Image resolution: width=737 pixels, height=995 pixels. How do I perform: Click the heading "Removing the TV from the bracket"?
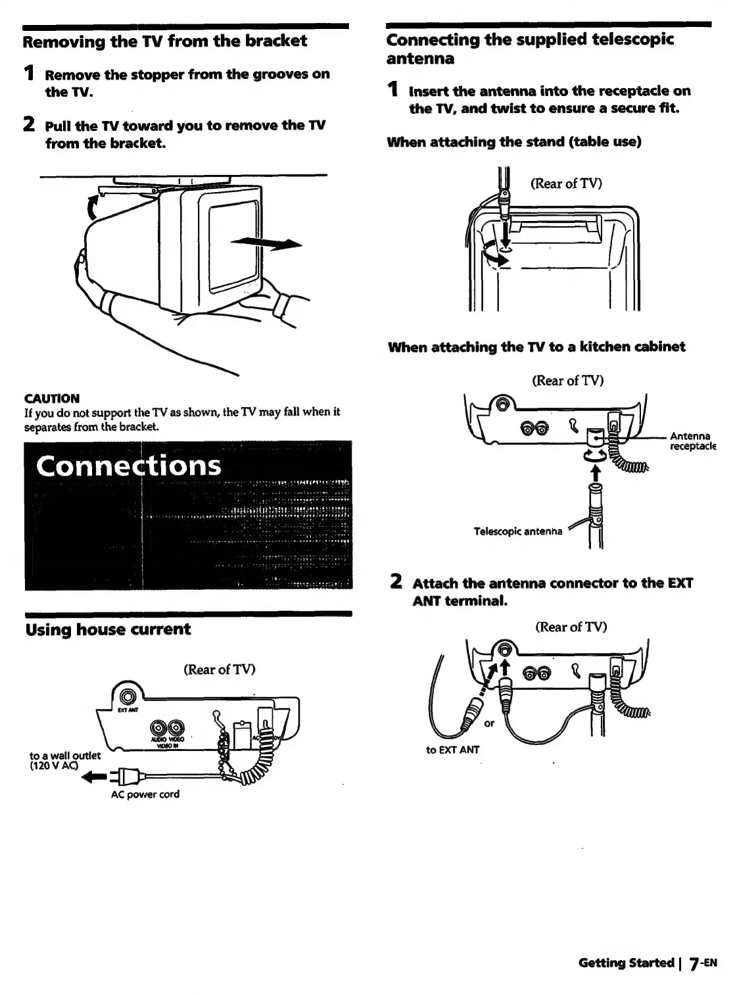(165, 41)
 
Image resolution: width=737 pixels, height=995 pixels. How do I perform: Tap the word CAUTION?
(51, 399)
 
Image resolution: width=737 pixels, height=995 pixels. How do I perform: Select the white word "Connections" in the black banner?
(129, 466)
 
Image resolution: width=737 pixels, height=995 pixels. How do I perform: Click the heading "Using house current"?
(108, 629)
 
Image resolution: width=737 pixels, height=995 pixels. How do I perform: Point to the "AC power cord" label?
(145, 794)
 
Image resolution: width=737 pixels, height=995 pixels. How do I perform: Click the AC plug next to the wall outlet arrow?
(125, 777)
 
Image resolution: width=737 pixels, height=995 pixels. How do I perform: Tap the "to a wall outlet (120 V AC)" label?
(65, 760)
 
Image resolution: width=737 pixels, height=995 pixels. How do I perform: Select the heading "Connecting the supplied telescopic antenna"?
(530, 49)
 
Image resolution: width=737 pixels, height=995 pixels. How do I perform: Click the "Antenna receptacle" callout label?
(692, 441)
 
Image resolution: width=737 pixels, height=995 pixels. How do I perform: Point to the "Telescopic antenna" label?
(517, 531)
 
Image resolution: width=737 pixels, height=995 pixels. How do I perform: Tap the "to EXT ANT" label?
(453, 749)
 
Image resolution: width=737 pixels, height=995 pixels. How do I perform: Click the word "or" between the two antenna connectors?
(489, 723)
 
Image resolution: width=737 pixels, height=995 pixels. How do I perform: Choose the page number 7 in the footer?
(693, 964)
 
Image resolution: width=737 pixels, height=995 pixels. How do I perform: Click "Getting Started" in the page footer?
(626, 963)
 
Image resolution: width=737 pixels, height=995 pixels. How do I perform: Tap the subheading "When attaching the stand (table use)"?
(514, 141)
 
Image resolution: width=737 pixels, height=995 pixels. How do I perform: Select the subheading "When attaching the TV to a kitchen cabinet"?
(536, 347)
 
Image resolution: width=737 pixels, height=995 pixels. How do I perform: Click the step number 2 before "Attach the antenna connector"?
(396, 582)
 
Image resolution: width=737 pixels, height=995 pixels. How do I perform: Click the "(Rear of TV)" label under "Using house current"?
(219, 669)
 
